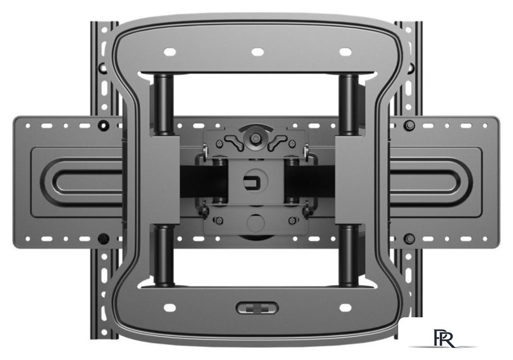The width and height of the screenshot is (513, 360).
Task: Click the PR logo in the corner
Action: coord(444,339)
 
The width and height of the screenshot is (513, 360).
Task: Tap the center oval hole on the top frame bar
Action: coord(258,52)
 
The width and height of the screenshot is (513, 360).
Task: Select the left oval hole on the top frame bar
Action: coord(170,52)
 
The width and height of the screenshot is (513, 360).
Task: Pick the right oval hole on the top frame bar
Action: coord(346,52)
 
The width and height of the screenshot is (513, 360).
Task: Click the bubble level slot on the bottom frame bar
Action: coord(257,308)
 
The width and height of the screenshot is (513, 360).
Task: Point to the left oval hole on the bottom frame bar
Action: coord(170,308)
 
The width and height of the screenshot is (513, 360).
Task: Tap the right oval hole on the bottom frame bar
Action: coord(346,308)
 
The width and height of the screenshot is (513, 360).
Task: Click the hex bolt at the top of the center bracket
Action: coord(255,139)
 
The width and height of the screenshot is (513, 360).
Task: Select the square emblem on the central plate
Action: coord(251,181)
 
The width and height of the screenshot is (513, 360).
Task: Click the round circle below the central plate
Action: coord(256,223)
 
